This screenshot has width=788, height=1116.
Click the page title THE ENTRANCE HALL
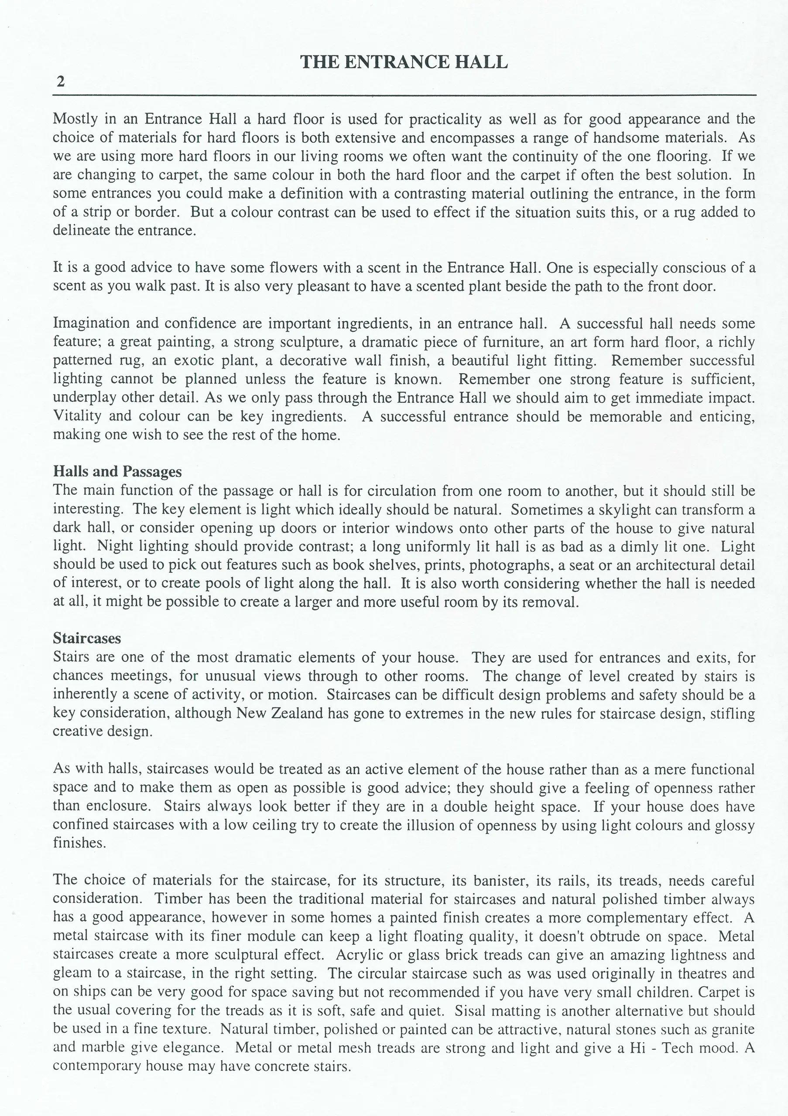tap(404, 62)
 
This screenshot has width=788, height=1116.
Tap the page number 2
tap(60, 81)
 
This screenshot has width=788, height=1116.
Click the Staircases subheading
tap(87, 638)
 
